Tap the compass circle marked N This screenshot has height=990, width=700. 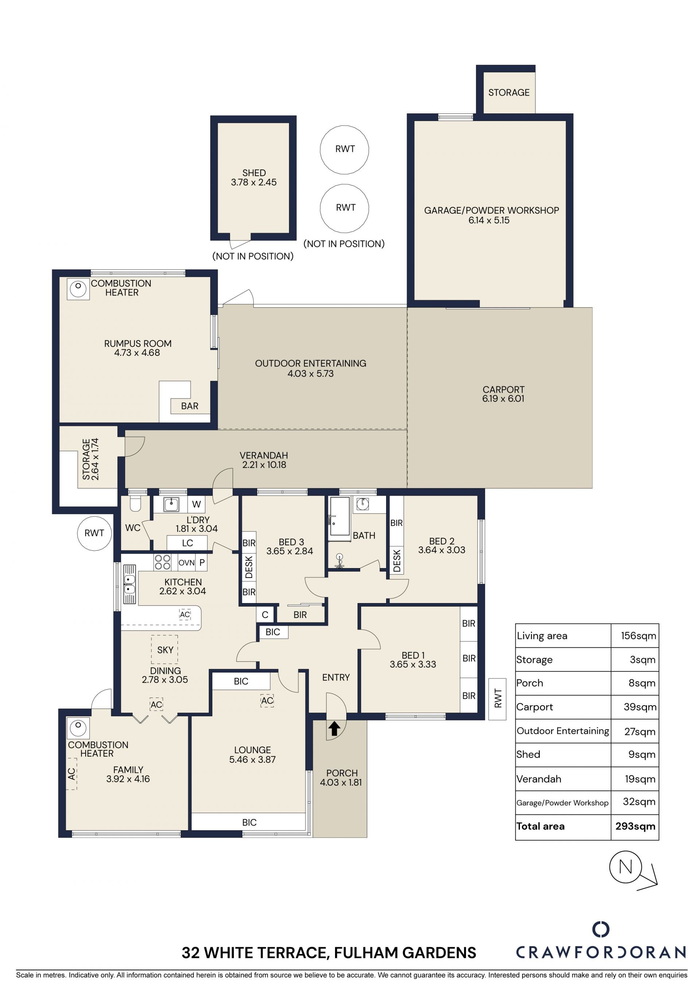click(x=625, y=867)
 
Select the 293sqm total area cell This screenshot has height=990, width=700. click(x=635, y=826)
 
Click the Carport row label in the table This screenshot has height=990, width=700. click(x=534, y=707)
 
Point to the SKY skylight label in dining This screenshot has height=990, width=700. click(x=165, y=650)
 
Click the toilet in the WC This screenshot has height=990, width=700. click(x=135, y=504)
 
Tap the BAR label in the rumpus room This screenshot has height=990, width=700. click(x=190, y=406)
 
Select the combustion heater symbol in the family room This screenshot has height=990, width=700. click(x=78, y=728)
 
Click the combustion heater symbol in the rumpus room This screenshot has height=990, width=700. click(x=78, y=289)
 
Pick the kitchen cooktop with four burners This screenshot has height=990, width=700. click(x=163, y=562)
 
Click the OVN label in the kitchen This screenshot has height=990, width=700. click(x=187, y=563)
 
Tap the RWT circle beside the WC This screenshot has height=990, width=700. click(x=94, y=533)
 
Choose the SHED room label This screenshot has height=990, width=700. click(x=254, y=173)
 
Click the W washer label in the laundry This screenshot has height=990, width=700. click(x=197, y=504)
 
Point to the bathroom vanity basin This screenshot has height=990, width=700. click(x=363, y=504)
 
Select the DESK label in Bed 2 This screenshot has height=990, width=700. click(x=397, y=560)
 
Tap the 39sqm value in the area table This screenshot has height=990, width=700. click(x=640, y=707)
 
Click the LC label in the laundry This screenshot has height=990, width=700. click(x=187, y=543)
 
